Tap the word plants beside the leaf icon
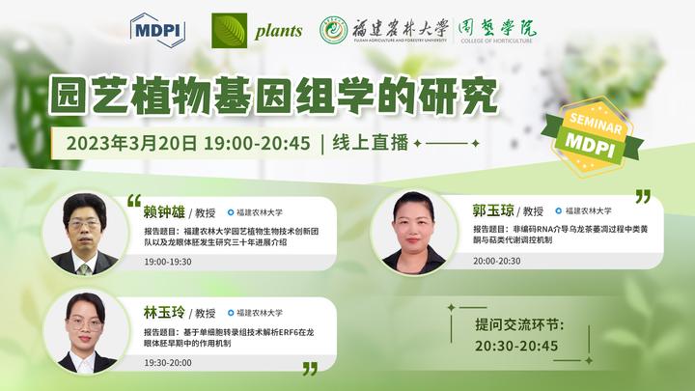[x=279, y=31]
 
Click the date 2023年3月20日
[x=131, y=144]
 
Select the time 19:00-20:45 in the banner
[x=258, y=144]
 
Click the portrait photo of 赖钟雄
[x=84, y=233]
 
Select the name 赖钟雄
[x=158, y=210]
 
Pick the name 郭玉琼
[x=494, y=209]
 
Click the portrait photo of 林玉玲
[x=84, y=334]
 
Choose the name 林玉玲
[x=158, y=313]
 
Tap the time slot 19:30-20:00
[x=167, y=363]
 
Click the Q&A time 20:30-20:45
[x=517, y=346]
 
